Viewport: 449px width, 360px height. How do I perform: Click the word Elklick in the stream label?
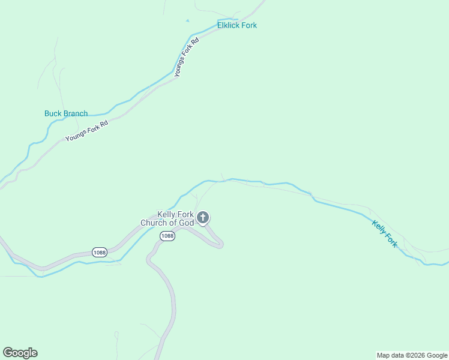pos(229,26)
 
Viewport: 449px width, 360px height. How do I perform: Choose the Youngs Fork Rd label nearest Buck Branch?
pos(86,130)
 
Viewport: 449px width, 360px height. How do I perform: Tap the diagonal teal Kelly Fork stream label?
pos(384,234)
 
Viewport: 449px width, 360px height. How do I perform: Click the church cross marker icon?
pos(203,217)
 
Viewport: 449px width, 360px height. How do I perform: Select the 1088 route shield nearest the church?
pos(167,236)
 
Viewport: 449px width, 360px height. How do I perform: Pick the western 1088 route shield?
pos(100,252)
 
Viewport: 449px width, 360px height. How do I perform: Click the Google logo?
pos(20,353)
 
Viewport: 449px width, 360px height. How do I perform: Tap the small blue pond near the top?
pos(187,20)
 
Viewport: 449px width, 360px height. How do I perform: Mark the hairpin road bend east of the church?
pos(220,244)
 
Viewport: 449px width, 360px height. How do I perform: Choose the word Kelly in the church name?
pos(166,214)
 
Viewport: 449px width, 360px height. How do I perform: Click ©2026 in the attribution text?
pos(418,355)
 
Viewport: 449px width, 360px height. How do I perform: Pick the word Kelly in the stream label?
pos(378,227)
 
